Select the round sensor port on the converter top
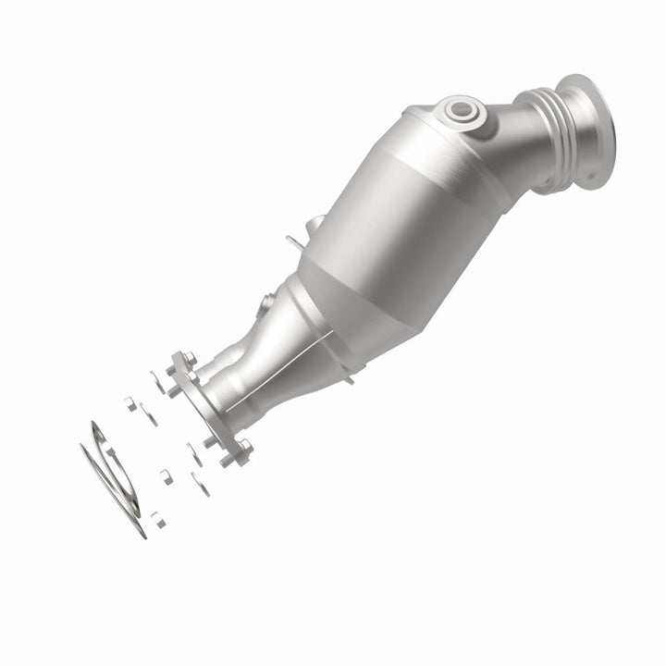(460, 112)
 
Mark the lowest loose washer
(200, 484)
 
